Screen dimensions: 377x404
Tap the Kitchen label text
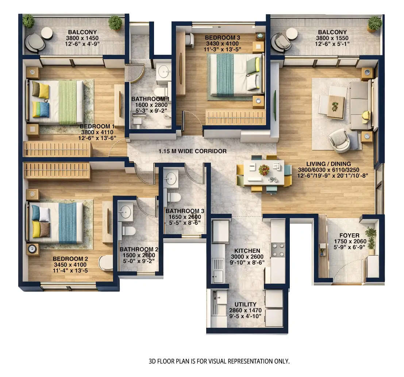coord(247,251)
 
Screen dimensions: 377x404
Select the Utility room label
coord(245,304)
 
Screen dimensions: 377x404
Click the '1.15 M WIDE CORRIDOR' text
coord(192,151)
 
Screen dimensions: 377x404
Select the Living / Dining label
coord(328,164)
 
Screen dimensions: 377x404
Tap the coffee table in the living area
coord(335,107)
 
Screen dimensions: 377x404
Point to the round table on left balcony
coord(47,33)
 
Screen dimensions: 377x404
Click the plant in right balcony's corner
coord(374,24)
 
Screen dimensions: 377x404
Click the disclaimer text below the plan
coord(219,361)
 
